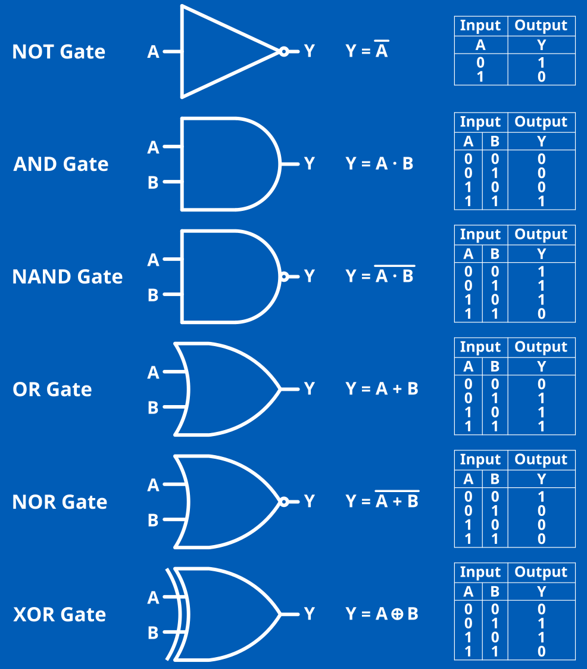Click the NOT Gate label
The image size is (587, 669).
[x=58, y=52]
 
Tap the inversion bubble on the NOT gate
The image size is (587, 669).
[x=284, y=52]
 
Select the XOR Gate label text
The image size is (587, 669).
[x=60, y=614]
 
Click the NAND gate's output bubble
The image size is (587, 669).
[x=284, y=276]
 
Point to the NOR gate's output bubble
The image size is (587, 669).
[x=284, y=502]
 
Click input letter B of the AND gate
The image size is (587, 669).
[x=153, y=182]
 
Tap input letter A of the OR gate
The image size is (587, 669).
[x=153, y=373]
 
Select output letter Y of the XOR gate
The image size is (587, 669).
[x=309, y=614]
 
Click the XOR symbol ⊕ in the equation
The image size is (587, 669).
[x=397, y=614]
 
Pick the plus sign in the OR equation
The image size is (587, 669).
[x=397, y=389]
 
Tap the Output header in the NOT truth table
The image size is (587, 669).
[x=541, y=26]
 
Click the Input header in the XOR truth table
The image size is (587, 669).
[x=480, y=572]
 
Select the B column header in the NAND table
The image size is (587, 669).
[x=495, y=254]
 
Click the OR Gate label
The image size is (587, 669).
[x=52, y=390]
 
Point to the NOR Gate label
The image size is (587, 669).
[x=60, y=502]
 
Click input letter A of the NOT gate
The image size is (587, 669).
[x=153, y=52]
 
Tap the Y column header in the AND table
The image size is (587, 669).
[x=541, y=142]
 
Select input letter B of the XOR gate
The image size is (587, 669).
[x=153, y=633]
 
